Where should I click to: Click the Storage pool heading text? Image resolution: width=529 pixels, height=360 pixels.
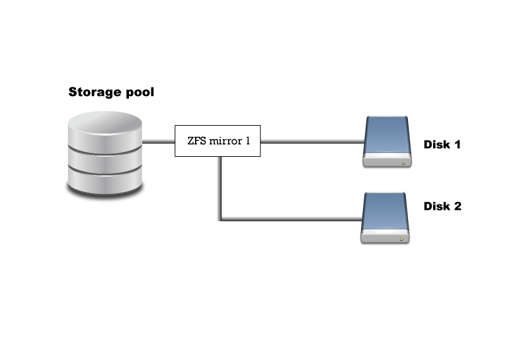[111, 92]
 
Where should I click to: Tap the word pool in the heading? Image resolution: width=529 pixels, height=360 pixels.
[138, 93]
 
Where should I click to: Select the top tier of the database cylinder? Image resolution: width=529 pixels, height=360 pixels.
[106, 128]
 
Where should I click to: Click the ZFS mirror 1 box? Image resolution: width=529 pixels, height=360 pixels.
[218, 141]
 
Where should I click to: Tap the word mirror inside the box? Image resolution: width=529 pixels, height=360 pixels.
[225, 141]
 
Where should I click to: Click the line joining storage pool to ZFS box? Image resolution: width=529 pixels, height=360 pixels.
[159, 141]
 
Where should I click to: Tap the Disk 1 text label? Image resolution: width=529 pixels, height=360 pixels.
[442, 144]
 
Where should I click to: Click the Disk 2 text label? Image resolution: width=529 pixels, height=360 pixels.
[442, 206]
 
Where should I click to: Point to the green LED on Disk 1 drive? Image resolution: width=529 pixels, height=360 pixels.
[402, 161]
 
